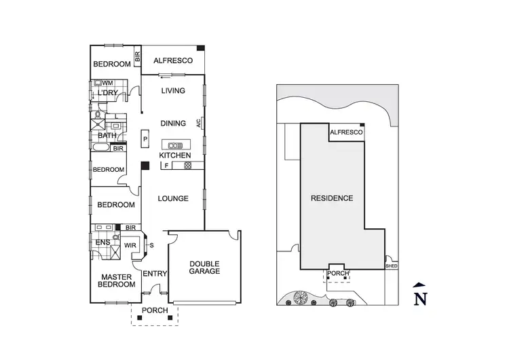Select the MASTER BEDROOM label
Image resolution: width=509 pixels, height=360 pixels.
point(115,281)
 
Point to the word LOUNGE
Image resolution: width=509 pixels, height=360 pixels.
point(172,199)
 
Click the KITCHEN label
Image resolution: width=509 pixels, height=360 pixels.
point(172,156)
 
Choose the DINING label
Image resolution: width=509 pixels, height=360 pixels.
point(172,124)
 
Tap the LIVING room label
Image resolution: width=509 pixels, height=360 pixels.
point(172,90)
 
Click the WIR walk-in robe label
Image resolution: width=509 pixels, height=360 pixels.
point(130,244)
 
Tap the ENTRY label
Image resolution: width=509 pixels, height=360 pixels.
point(155,273)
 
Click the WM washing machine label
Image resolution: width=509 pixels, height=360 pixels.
point(107,83)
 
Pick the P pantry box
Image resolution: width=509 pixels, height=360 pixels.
point(145,139)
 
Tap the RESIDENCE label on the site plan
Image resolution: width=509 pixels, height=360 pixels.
point(332,199)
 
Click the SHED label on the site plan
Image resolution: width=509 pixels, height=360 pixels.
point(391,266)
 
